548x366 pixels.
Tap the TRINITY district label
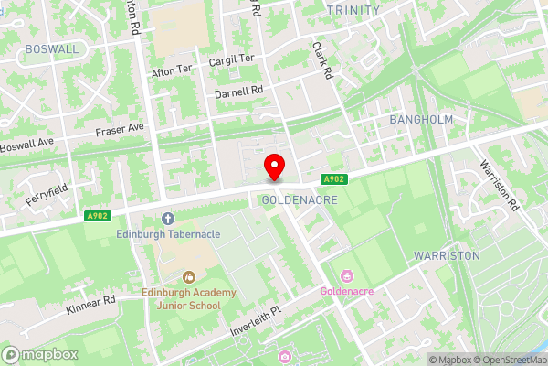[353, 9]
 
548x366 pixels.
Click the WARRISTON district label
[446, 255]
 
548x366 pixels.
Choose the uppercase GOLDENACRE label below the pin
[300, 199]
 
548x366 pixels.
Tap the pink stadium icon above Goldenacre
[347, 276]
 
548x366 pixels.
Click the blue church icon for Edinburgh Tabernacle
[167, 219]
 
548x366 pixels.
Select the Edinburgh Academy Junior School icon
[189, 276]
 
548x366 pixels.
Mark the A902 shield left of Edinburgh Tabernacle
[98, 216]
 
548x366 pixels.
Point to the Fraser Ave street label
[121, 131]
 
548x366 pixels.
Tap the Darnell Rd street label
[238, 91]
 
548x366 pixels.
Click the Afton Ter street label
[173, 69]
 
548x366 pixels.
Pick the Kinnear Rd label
[90, 305]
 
